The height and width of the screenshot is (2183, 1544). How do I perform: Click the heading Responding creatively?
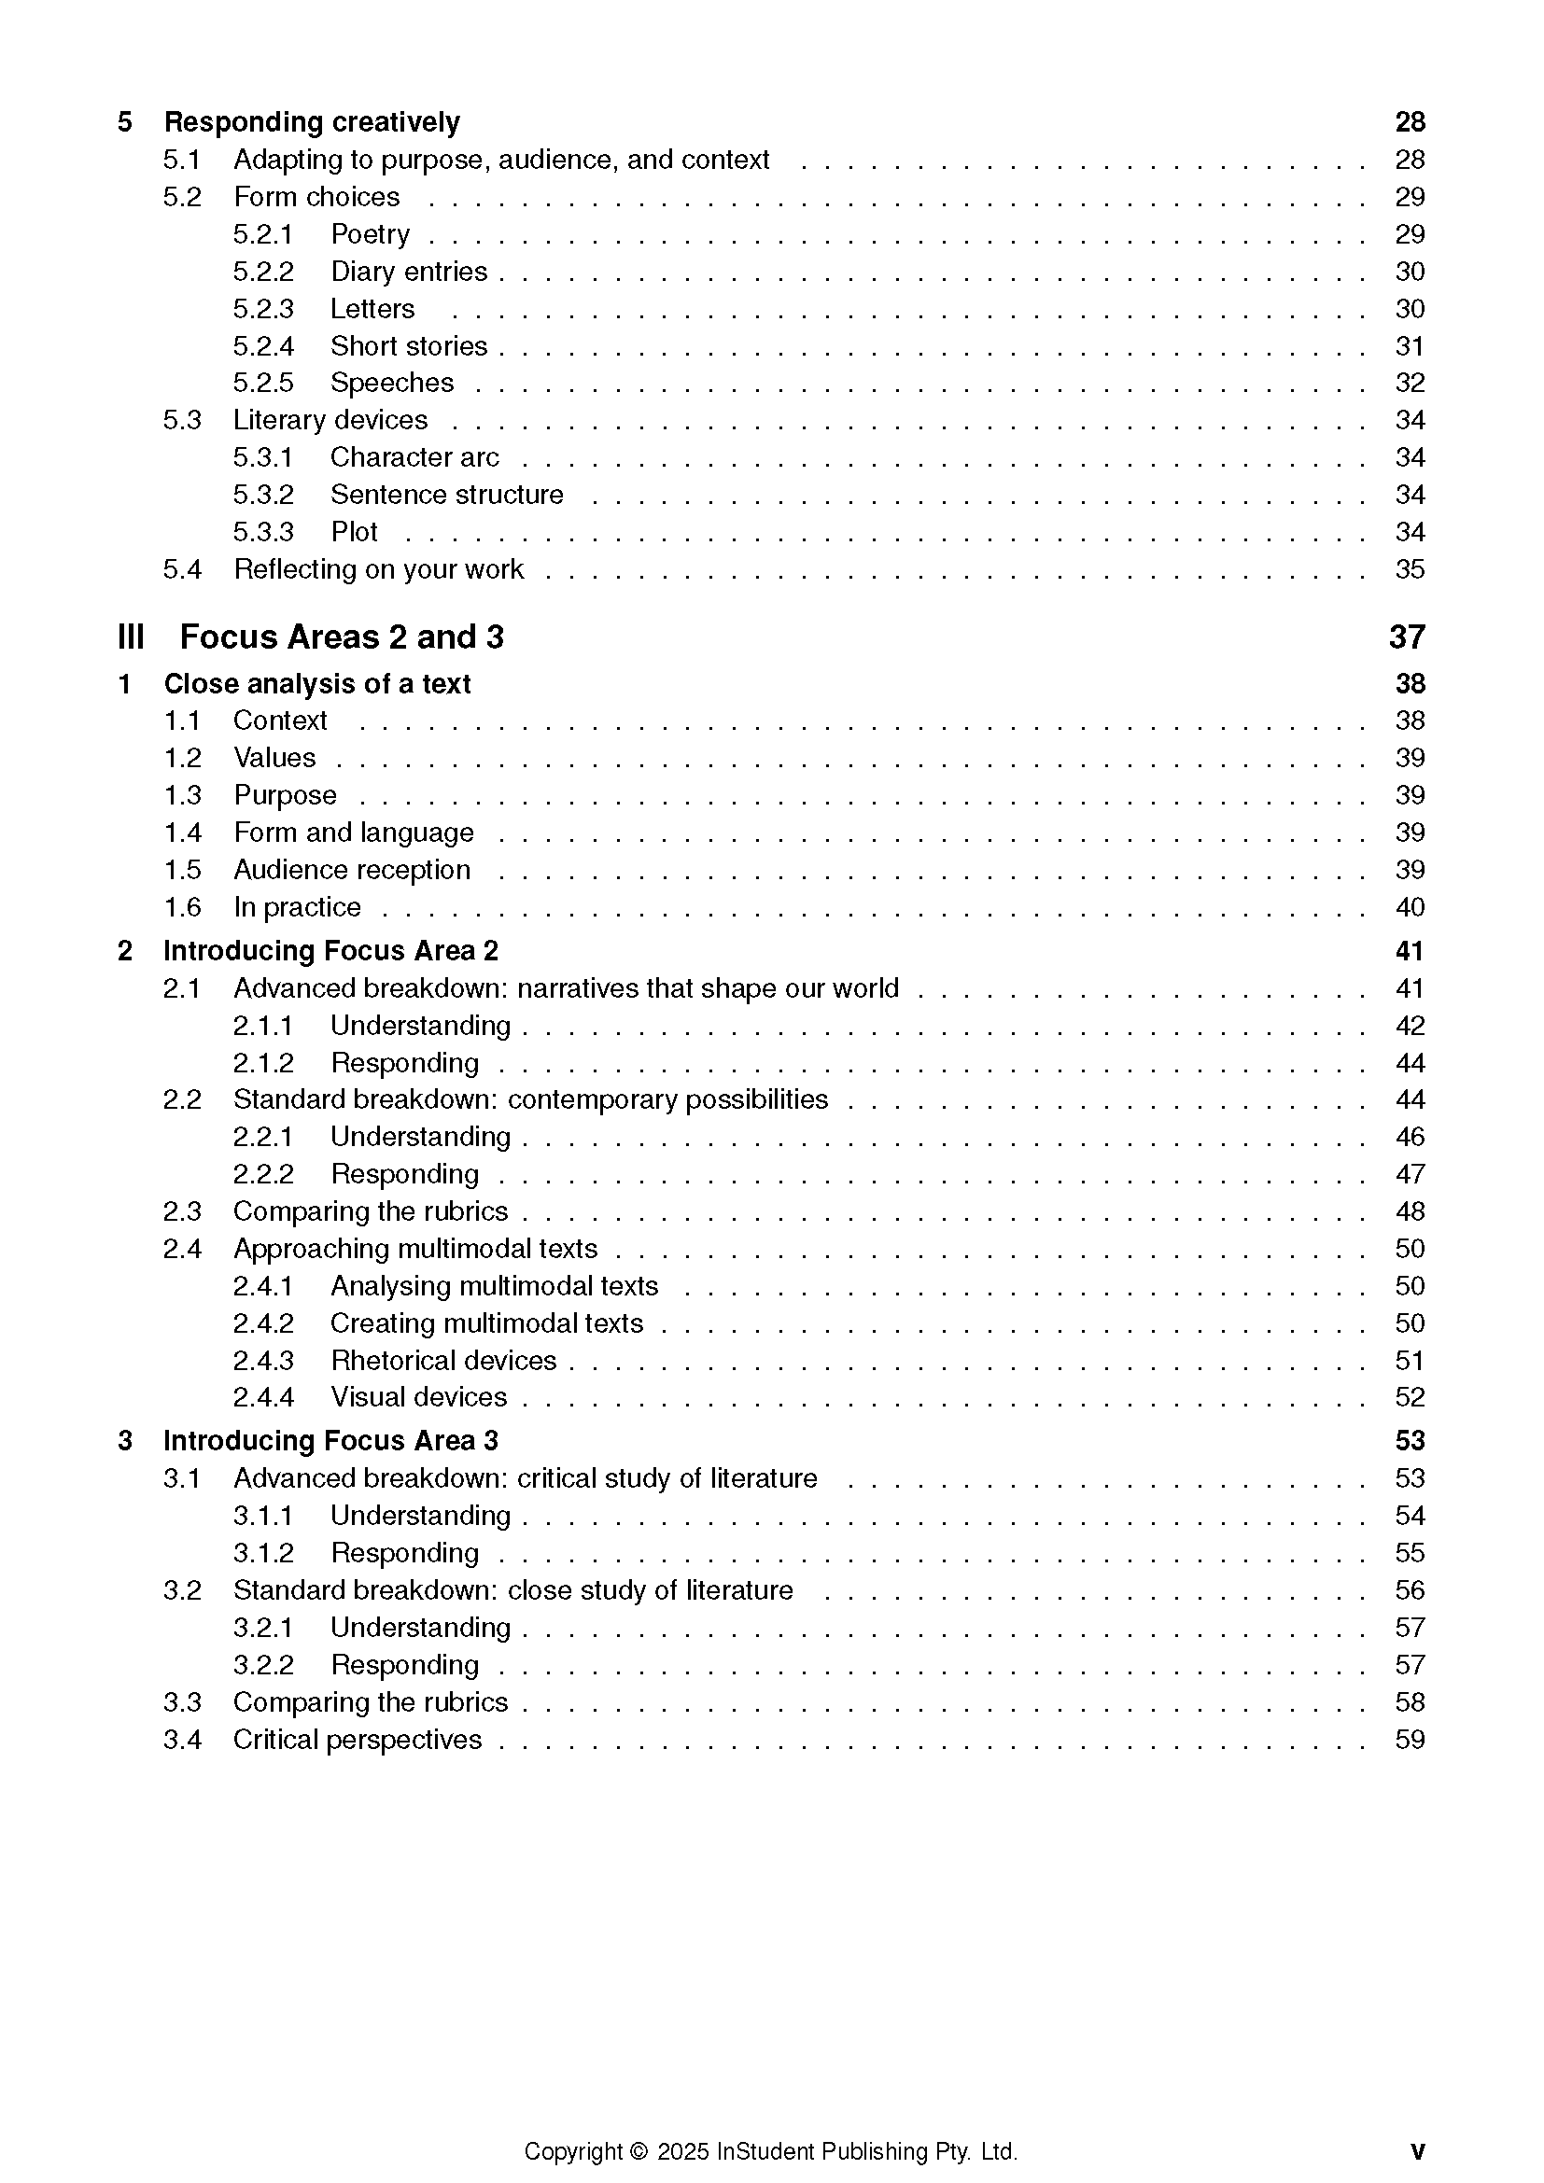pos(311,122)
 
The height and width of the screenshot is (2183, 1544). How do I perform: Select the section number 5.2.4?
pos(263,346)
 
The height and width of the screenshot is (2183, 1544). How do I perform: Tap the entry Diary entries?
pos(409,272)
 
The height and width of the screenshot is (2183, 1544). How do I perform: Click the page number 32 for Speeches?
pos(1409,384)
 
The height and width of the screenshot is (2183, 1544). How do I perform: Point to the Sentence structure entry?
pos(447,496)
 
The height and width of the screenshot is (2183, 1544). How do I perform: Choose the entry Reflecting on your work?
pos(378,569)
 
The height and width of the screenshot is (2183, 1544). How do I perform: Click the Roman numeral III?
pos(132,637)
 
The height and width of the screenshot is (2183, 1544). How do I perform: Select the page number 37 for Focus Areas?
pos(1406,637)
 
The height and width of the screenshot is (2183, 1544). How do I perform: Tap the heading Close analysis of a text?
pos(316,684)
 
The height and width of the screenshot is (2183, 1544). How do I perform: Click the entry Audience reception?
pos(352,870)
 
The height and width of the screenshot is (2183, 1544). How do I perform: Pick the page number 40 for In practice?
pos(1409,908)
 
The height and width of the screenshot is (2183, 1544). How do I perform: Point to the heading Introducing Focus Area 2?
pos(330,952)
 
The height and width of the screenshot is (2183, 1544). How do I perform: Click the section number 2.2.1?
pos(263,1137)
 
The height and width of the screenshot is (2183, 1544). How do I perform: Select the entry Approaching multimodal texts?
pos(415,1250)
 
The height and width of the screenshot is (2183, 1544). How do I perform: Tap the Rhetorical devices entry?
pos(443,1361)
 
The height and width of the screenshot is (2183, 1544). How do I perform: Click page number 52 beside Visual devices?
pos(1409,1398)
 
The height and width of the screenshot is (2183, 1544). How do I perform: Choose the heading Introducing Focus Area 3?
pos(330,1441)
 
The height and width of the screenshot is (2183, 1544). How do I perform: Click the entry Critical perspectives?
pos(358,1740)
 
